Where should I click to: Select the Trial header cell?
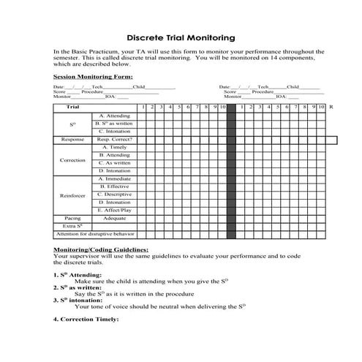click(72, 108)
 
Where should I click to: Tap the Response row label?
click(72, 139)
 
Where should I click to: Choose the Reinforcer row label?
click(72, 195)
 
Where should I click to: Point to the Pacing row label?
click(72, 218)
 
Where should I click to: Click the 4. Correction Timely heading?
click(86, 319)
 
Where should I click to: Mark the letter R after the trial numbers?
click(331, 108)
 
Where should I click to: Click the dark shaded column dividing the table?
click(231, 172)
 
